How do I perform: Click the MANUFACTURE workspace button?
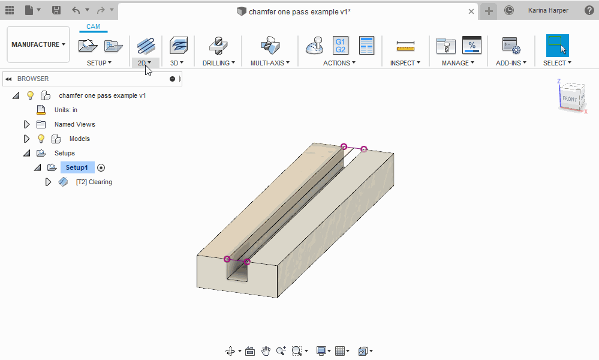pos(38,44)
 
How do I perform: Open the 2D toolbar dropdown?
pos(145,63)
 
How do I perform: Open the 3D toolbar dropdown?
pos(177,63)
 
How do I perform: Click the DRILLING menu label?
pos(218,63)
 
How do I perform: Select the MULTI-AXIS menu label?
pos(270,63)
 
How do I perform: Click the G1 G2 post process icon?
pos(340,45)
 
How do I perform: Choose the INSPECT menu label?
pos(405,63)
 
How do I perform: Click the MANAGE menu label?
pos(458,63)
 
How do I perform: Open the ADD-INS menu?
pos(511,63)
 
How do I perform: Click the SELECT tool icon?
pos(557,45)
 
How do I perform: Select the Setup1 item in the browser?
pos(77,167)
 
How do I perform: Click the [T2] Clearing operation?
pos(94,182)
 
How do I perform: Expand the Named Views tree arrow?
pos(26,124)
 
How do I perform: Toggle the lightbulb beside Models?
pos(41,139)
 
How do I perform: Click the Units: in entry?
pos(65,110)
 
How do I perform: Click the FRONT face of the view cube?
pos(570,99)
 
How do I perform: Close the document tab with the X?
pos(471,11)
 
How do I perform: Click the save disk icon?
pos(56,10)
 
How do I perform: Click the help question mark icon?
pos(589,10)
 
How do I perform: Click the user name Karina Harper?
pos(548,10)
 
